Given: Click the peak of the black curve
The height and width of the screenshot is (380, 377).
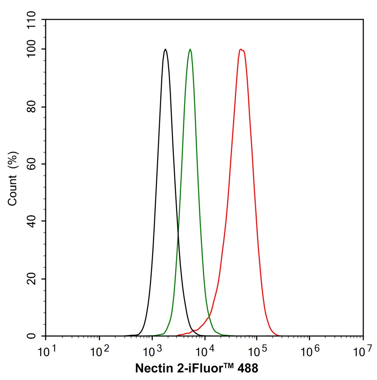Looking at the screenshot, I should pyautogui.click(x=165, y=49).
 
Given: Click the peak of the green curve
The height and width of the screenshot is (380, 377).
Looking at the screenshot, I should pyautogui.click(x=190, y=49).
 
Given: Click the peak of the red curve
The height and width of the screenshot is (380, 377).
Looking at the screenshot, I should pyautogui.click(x=241, y=49).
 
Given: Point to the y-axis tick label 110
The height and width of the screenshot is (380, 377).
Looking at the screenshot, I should pyautogui.click(x=33, y=19).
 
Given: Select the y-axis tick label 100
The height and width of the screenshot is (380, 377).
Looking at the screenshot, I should pyautogui.click(x=33, y=49).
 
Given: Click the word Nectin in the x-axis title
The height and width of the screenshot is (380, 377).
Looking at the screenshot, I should pyautogui.click(x=151, y=368).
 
